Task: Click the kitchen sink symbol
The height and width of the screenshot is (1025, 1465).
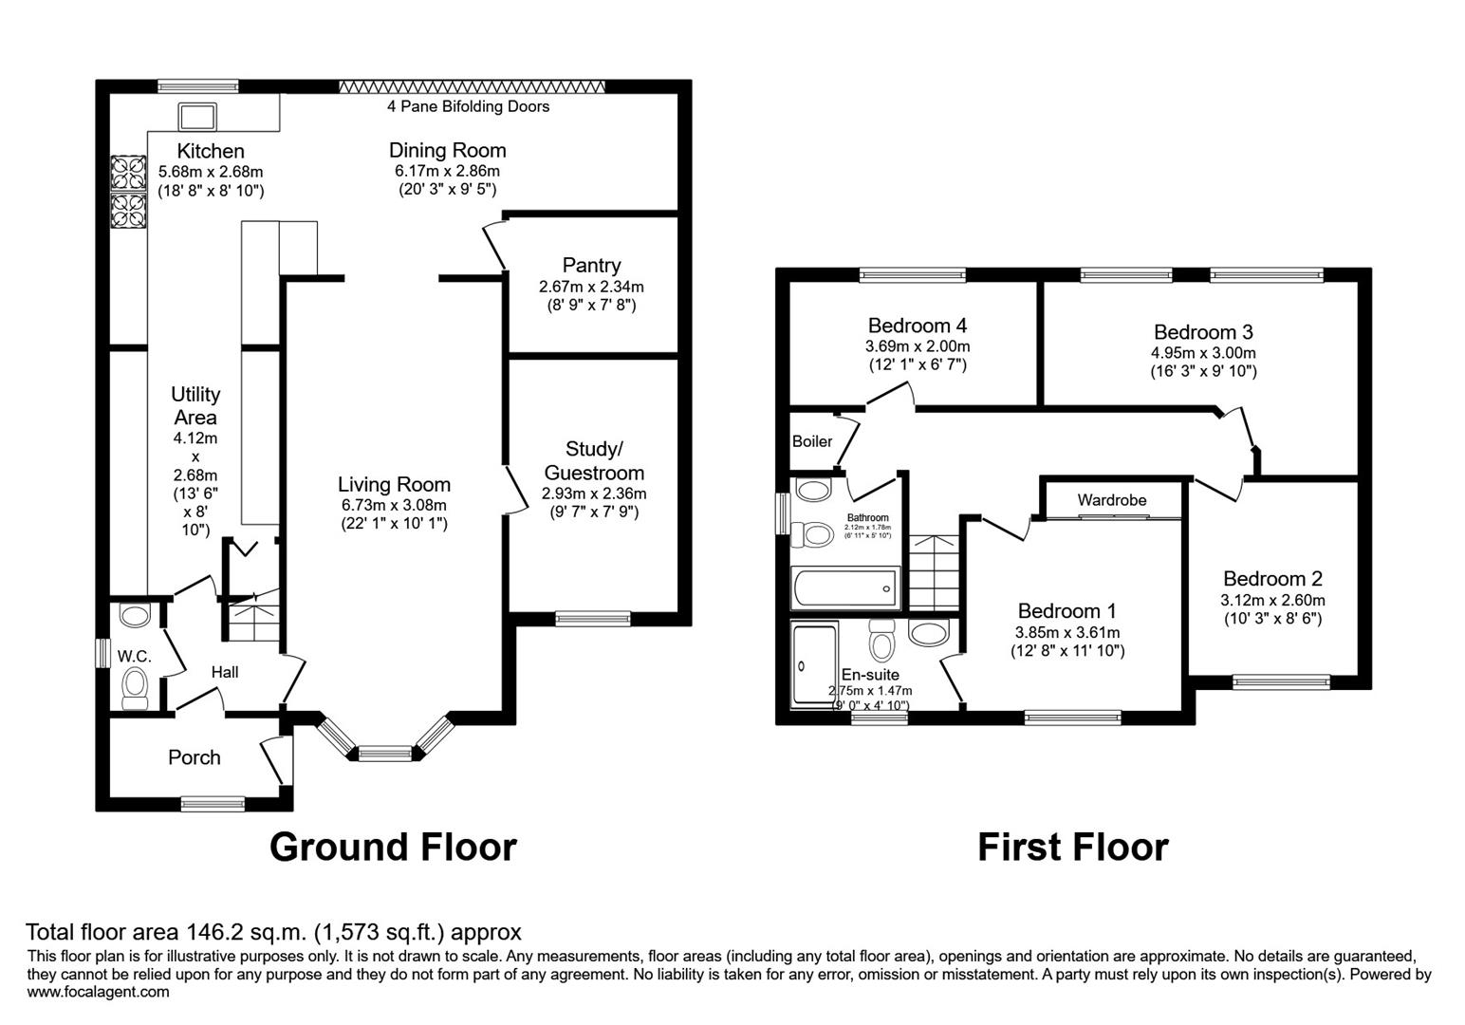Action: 197,117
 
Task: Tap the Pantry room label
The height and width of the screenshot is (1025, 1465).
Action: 591,266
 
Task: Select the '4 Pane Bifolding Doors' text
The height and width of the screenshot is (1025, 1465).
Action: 468,106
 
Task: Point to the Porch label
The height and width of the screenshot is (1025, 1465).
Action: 194,757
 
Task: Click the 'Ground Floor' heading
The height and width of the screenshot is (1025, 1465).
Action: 393,847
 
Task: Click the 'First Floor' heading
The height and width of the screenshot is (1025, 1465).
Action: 1072,847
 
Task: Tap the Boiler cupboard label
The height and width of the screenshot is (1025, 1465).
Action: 812,441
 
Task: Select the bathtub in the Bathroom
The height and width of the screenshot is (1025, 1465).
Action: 844,587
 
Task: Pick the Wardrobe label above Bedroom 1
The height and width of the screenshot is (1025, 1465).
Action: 1111,500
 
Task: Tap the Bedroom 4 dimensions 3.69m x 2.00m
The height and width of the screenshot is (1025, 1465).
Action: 917,346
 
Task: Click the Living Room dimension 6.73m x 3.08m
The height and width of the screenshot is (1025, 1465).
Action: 394,505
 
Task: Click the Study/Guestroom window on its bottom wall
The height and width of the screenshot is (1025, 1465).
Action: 593,618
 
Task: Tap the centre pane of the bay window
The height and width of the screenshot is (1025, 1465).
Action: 385,755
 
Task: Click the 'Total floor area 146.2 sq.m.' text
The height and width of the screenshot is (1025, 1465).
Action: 273,932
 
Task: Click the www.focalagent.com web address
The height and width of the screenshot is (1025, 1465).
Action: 99,992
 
